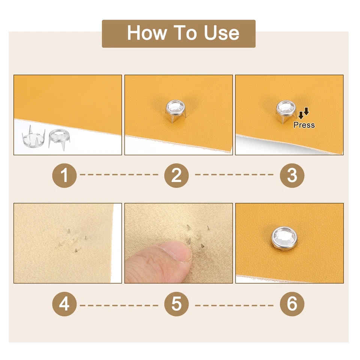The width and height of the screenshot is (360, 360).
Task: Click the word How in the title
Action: [x=147, y=33]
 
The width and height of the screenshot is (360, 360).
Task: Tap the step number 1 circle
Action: [x=64, y=175]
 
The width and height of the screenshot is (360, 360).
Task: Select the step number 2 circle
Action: [x=176, y=175]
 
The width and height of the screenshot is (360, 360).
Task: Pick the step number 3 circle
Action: [x=292, y=175]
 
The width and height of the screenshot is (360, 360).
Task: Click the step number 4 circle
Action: [x=64, y=304]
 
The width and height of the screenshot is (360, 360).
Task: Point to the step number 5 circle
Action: [x=176, y=304]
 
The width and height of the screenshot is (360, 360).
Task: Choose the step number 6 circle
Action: [x=292, y=304]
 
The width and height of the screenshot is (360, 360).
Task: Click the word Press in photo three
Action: [x=304, y=125]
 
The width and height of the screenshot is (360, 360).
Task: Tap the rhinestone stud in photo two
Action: [x=174, y=110]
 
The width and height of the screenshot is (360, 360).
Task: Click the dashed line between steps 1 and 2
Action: [x=119, y=175]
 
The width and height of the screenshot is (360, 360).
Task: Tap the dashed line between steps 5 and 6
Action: [x=234, y=306]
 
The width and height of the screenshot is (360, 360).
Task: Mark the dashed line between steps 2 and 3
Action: [x=234, y=175]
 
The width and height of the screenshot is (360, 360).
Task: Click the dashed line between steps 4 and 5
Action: [x=119, y=306]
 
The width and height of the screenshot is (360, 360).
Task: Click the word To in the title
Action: [x=186, y=33]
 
